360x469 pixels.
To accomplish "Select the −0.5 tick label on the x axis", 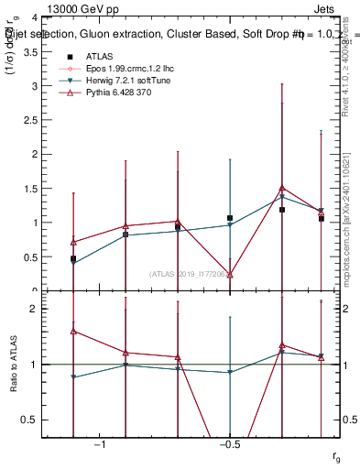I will click(x=229, y=444).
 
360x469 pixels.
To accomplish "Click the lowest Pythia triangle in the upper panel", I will click(x=230, y=275).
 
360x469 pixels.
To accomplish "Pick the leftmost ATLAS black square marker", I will click(x=73, y=259).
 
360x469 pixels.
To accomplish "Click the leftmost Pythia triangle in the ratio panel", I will click(x=73, y=332).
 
